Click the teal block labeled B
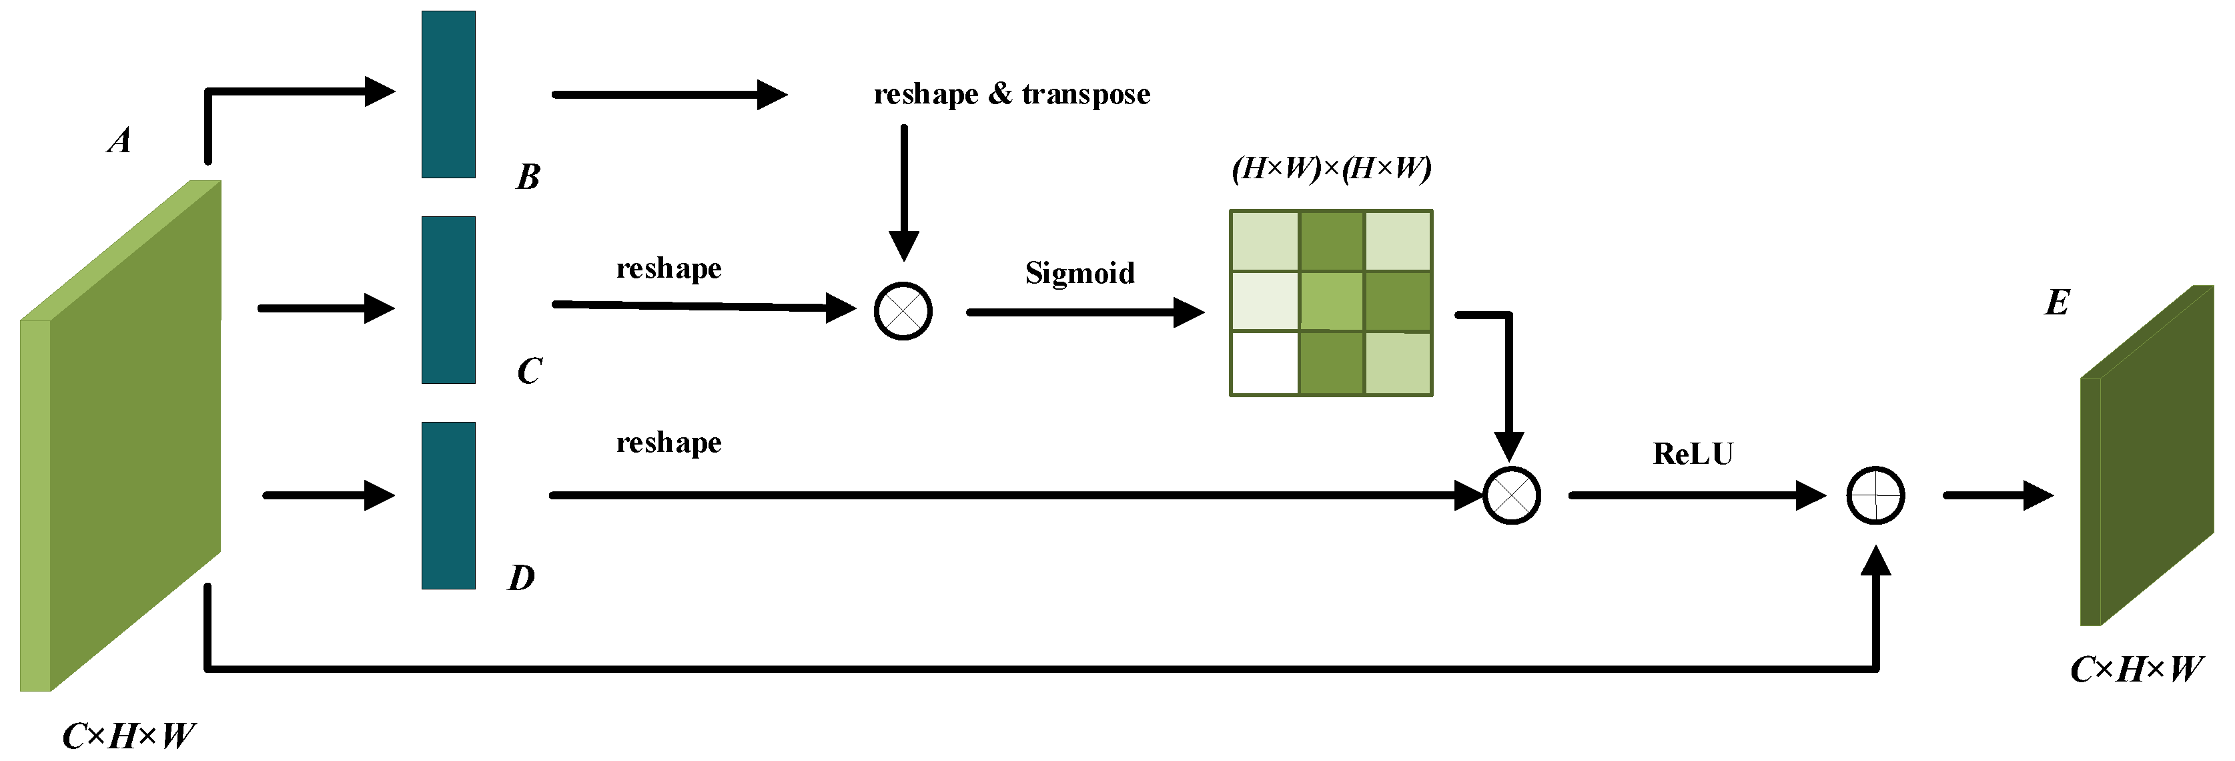(x=448, y=95)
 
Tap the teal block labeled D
(x=448, y=505)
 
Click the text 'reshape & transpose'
(x=1011, y=93)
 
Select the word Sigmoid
(x=1079, y=273)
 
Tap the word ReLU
(x=1692, y=454)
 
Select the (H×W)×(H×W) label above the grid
(x=1331, y=168)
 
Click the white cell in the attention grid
(x=1264, y=362)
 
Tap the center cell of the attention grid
(x=1331, y=301)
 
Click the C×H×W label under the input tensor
(x=128, y=736)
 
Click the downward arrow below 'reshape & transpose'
(x=903, y=191)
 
